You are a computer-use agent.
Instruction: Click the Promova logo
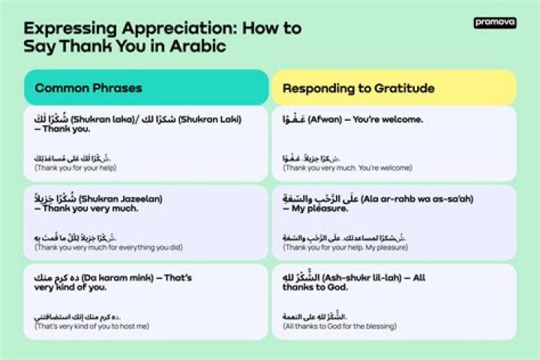[495, 23]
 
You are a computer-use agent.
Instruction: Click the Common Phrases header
[88, 88]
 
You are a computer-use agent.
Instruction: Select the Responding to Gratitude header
[358, 88]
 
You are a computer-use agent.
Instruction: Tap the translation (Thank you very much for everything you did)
[109, 247]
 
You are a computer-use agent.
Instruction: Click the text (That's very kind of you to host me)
[91, 326]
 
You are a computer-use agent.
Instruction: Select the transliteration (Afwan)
[324, 119]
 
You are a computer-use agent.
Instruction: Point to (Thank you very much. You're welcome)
[347, 168]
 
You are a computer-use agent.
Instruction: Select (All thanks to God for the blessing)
[339, 326]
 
